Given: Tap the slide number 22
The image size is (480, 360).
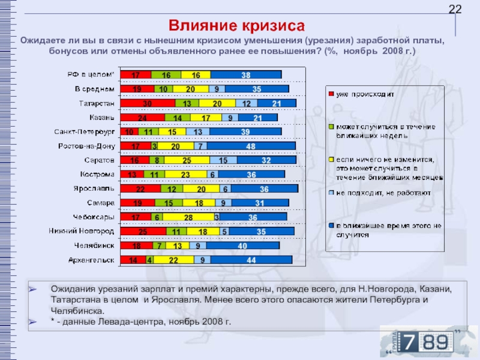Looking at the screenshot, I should (455, 9).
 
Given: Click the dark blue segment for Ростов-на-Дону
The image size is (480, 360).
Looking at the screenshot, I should (252, 146).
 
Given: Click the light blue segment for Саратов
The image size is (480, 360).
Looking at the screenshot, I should (223, 161).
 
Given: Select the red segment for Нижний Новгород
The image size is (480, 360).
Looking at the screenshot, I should (143, 231).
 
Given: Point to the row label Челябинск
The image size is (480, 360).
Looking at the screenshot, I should (95, 245).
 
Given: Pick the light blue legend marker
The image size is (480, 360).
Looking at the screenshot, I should (330, 193).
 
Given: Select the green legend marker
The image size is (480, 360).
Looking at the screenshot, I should (330, 127).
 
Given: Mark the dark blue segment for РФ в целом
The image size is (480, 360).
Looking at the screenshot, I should (246, 75).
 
